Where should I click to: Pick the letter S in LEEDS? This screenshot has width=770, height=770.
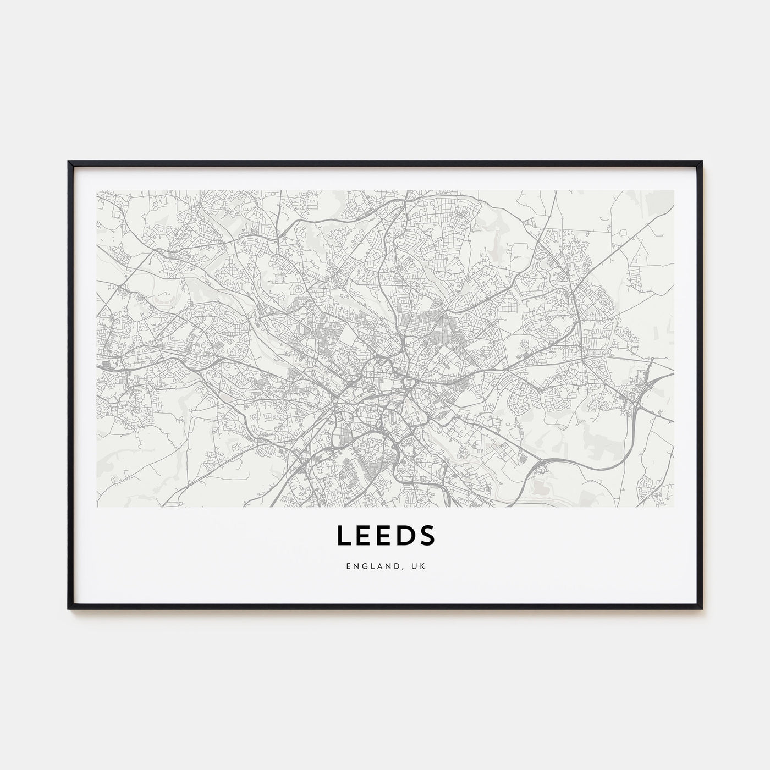[427, 535]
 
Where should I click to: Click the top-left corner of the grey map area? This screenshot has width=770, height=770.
[97, 191]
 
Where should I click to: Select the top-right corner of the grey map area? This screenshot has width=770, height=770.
[673, 191]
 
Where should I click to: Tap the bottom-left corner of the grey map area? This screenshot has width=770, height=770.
[97, 506]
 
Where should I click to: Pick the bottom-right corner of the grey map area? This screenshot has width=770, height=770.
[673, 506]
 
